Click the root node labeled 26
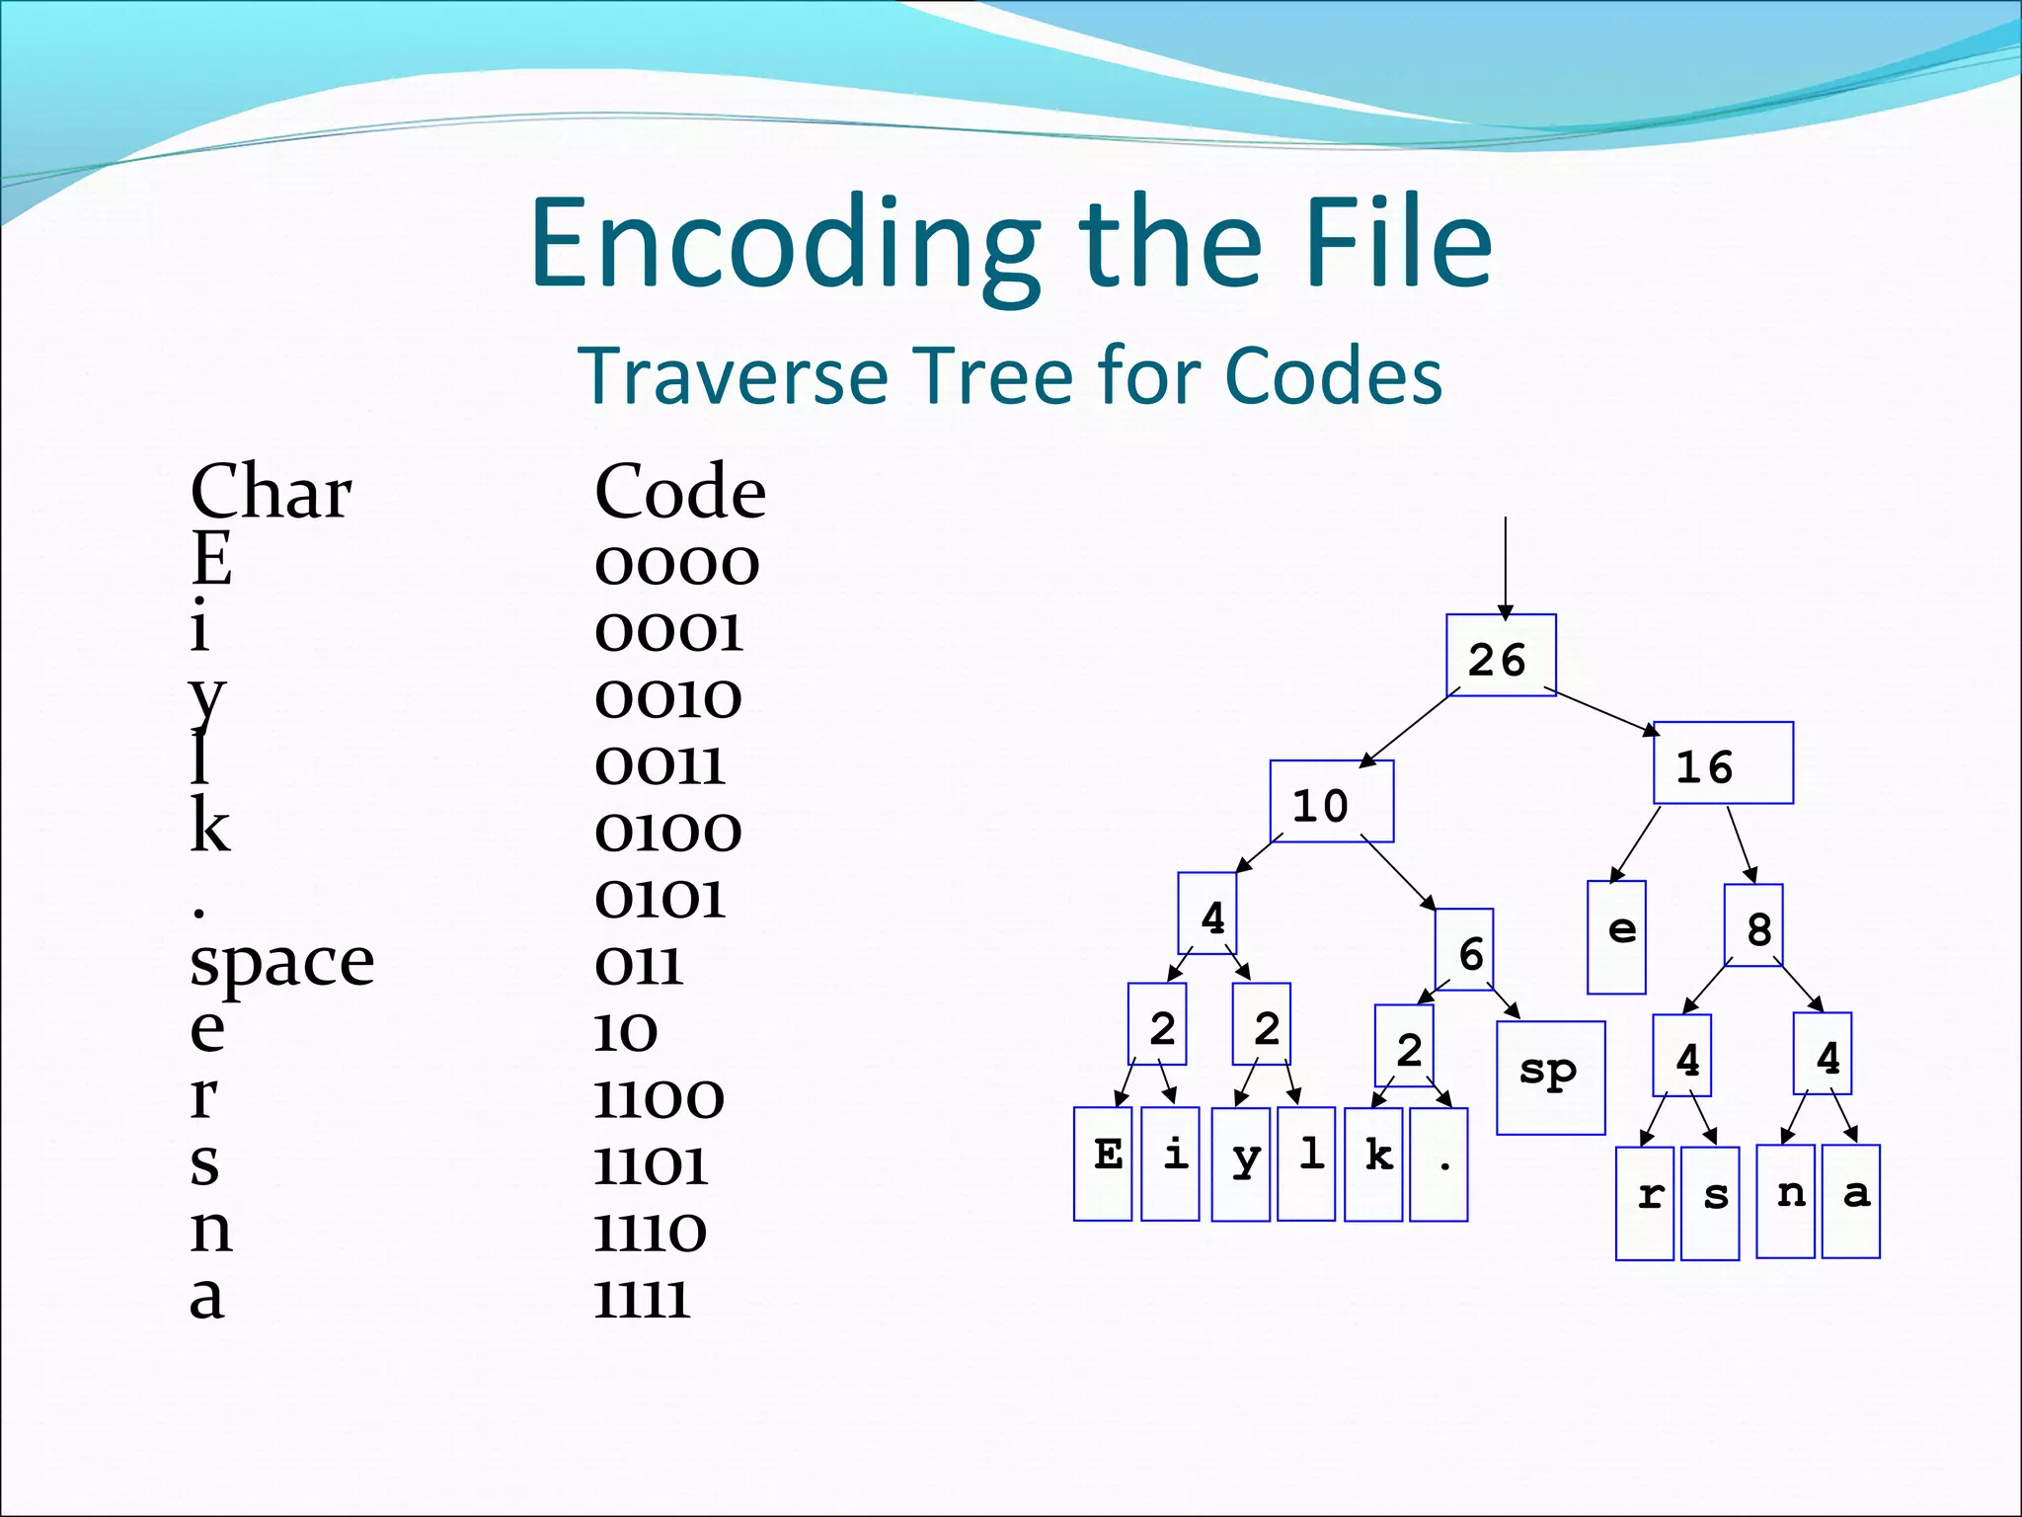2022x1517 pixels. pyautogui.click(x=1501, y=656)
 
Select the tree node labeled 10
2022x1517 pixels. pyautogui.click(x=1331, y=801)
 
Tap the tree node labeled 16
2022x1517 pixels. pyautogui.click(x=1723, y=763)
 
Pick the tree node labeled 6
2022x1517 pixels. pyautogui.click(x=1464, y=949)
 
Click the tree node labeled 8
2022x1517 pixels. pyautogui.click(x=1753, y=925)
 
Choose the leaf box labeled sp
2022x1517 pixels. pyautogui.click(x=1550, y=1078)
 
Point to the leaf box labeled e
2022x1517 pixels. pyautogui.click(x=1616, y=936)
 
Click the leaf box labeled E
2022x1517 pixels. pyautogui.click(x=1103, y=1163)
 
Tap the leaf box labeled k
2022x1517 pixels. pyautogui.click(x=1373, y=1164)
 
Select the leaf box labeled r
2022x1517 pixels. pyautogui.click(x=1645, y=1203)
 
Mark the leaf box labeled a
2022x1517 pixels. pyautogui.click(x=1851, y=1201)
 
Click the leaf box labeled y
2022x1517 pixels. pyautogui.click(x=1241, y=1164)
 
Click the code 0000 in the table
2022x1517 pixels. pyautogui.click(x=676, y=565)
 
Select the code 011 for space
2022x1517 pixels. pyautogui.click(x=638, y=966)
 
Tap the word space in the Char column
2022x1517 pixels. pyautogui.click(x=281, y=962)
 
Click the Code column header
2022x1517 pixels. pyautogui.click(x=679, y=491)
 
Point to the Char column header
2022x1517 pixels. pyautogui.click(x=271, y=491)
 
